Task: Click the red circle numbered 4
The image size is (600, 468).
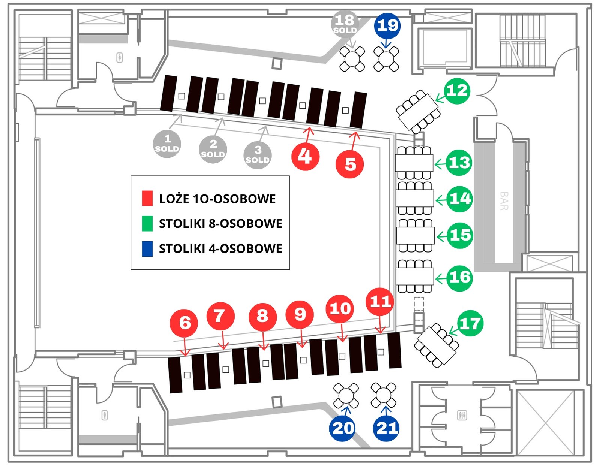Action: [306, 156]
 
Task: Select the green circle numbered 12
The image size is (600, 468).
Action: [457, 91]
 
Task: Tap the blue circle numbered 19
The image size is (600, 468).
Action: [387, 26]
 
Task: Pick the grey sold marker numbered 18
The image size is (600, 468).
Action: [345, 24]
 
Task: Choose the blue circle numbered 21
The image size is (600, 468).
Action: [386, 428]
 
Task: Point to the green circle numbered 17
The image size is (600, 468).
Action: [470, 323]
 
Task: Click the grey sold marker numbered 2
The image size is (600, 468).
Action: [213, 149]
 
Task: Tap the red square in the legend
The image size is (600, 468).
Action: [147, 199]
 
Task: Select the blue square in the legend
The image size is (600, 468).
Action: [147, 249]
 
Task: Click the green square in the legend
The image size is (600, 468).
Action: [147, 224]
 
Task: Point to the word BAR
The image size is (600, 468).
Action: [504, 201]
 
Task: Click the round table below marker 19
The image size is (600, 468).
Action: [386, 59]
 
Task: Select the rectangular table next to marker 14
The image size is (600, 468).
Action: [415, 198]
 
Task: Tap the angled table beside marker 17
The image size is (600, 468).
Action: [436, 345]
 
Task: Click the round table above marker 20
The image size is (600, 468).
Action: [346, 396]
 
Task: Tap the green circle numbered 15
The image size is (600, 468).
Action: [460, 235]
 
